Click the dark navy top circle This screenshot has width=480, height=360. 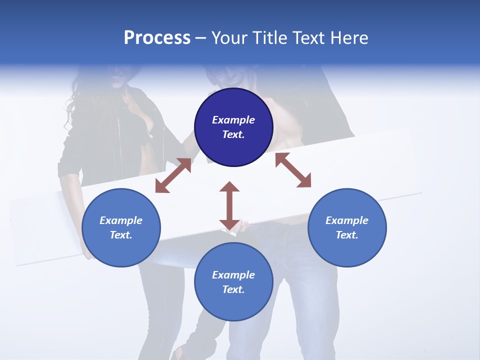(x=233, y=127)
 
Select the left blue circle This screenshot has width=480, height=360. (x=121, y=227)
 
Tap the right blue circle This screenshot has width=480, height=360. (x=347, y=227)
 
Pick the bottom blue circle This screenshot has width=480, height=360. (x=233, y=282)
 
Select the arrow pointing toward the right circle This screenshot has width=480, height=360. (x=293, y=170)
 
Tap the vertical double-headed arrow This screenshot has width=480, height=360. (x=229, y=206)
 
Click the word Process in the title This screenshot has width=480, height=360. (x=157, y=38)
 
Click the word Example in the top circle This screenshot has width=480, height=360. (x=233, y=120)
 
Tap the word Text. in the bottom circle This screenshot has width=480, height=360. (x=233, y=289)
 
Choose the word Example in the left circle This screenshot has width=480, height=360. (x=121, y=220)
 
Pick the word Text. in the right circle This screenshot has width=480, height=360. (x=347, y=235)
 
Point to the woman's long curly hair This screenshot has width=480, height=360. (x=75, y=105)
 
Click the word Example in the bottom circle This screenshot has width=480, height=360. (x=233, y=275)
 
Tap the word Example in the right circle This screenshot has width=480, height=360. (x=347, y=220)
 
